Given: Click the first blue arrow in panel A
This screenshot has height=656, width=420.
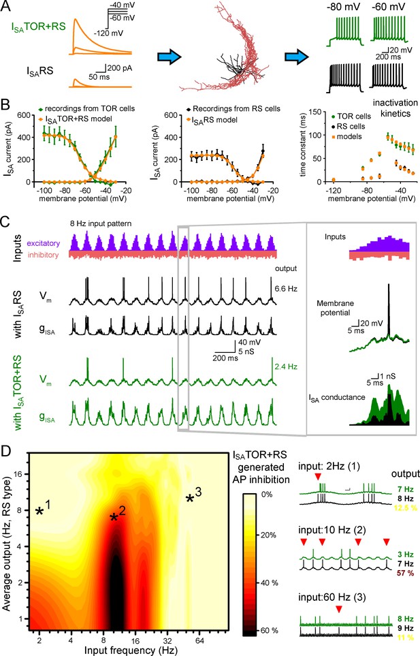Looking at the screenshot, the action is point(169,57).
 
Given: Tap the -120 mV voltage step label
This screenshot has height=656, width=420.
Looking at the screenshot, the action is point(108,33).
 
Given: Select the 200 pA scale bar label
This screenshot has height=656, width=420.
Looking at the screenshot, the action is point(120,68).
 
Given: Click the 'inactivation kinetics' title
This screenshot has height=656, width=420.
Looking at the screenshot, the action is point(395,108).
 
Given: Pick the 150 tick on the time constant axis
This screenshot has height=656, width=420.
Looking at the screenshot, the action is point(319,112).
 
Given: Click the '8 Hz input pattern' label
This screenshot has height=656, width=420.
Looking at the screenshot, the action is point(101,223).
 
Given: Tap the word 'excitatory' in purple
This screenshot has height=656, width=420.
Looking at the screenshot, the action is point(44,243).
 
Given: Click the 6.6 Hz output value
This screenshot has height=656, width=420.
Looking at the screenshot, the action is point(286,289).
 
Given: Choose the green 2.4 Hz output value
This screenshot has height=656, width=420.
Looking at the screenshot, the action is point(286,366).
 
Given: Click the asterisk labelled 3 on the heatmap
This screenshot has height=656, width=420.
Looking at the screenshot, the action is point(190,498).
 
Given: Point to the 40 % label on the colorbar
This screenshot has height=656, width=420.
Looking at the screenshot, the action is point(270,583).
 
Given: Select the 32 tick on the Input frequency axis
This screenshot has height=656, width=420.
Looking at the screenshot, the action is point(167,641).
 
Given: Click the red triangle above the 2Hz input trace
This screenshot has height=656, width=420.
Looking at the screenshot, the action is point(319,477).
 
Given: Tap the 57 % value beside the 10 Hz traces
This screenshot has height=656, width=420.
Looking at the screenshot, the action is point(405,573).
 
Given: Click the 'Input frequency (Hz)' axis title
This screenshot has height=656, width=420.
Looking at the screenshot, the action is point(131,650).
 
